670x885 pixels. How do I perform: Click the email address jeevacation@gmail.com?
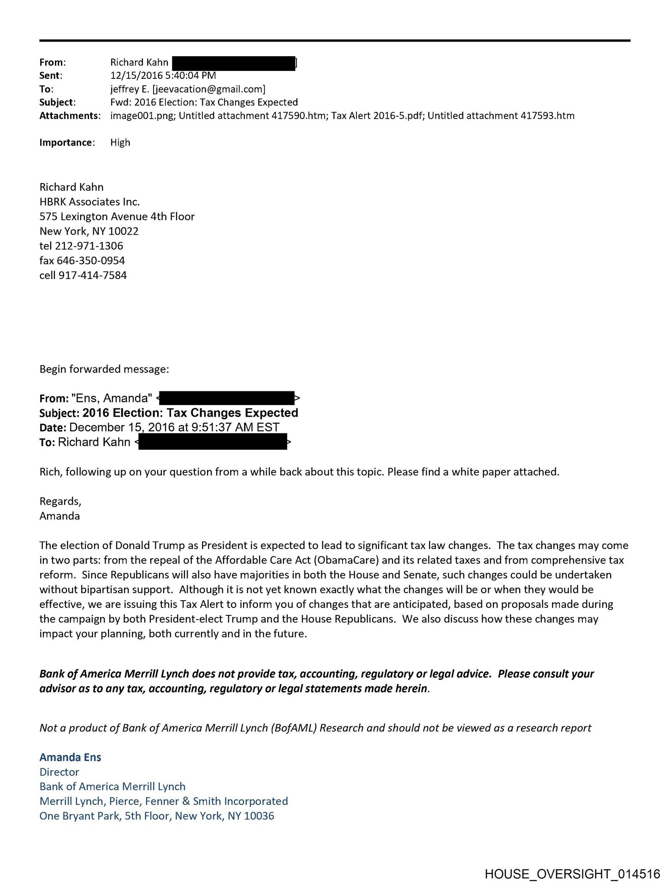click(209, 89)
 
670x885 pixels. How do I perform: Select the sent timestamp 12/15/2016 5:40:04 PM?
click(163, 76)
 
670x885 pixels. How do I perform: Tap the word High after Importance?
click(120, 142)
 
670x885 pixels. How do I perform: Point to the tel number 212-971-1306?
click(89, 246)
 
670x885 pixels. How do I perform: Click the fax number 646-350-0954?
click(91, 260)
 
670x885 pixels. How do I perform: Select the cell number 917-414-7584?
click(92, 275)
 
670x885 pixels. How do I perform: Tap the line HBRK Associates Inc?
click(89, 201)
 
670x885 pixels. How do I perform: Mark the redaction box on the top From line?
click(233, 63)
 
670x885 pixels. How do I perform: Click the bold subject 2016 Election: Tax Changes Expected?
click(190, 413)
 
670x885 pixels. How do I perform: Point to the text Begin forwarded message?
click(104, 369)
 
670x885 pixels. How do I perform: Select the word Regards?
click(60, 501)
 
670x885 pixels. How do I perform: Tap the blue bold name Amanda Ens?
click(70, 757)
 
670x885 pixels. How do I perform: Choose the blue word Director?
click(59, 772)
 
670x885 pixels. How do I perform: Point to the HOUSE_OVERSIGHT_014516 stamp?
click(572, 873)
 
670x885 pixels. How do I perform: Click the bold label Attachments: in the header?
click(69, 116)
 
